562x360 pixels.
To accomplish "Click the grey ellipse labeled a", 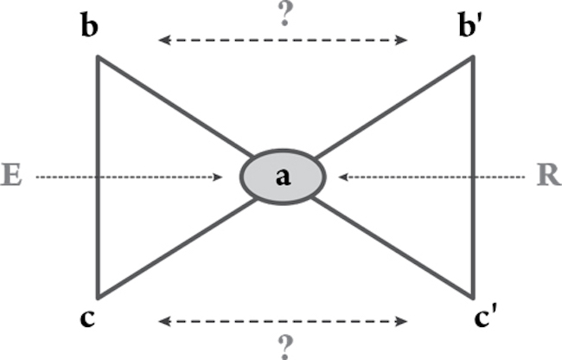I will [282, 177].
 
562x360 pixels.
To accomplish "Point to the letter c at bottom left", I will [86, 318].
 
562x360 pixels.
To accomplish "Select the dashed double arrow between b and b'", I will [282, 40].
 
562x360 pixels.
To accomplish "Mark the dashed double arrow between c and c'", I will [282, 322].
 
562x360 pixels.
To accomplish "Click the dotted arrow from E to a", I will [130, 177].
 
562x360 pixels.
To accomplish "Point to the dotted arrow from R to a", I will [432, 177].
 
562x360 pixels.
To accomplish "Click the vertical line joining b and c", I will [98, 177].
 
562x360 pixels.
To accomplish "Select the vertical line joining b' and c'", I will [472, 177].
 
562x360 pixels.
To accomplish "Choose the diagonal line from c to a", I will [173, 250].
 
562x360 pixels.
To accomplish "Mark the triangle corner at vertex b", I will [99, 58].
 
